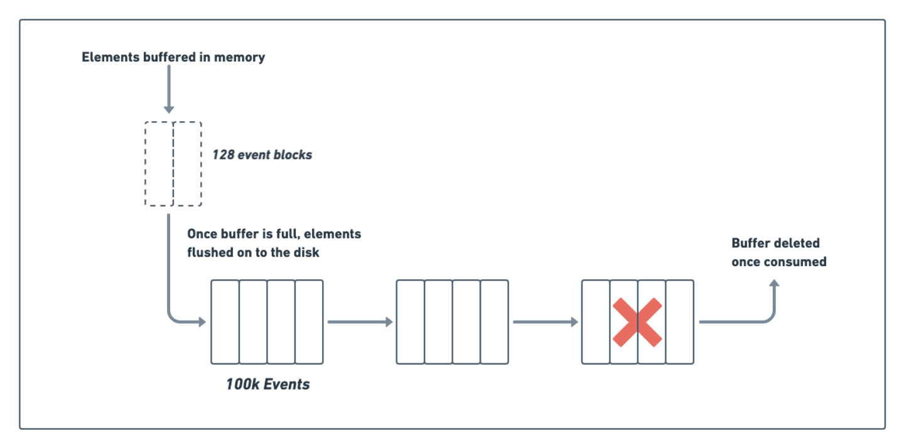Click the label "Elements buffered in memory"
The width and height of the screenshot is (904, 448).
[x=173, y=57]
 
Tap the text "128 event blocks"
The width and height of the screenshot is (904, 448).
[x=262, y=154]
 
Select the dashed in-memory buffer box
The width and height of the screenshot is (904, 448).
[x=173, y=164]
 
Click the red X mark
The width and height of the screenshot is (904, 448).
[x=637, y=322]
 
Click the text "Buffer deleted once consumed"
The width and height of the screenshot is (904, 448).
[x=778, y=252]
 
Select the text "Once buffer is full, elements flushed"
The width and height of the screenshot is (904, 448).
[x=274, y=243]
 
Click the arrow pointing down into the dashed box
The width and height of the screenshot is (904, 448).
[x=168, y=90]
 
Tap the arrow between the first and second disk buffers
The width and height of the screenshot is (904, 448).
[x=360, y=322]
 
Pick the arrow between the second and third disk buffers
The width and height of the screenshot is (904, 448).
[x=545, y=322]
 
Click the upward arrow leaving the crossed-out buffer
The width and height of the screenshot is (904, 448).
[x=774, y=301]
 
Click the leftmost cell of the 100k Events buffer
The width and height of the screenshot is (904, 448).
[x=225, y=322]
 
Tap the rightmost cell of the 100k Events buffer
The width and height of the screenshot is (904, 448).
[x=309, y=322]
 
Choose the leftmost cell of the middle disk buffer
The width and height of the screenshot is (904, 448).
[x=411, y=322]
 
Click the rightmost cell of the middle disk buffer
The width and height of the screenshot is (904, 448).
[x=495, y=322]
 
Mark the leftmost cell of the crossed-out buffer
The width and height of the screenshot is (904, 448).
[x=596, y=322]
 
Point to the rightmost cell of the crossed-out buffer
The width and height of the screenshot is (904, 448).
[x=680, y=322]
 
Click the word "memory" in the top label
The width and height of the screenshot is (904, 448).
[x=239, y=57]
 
